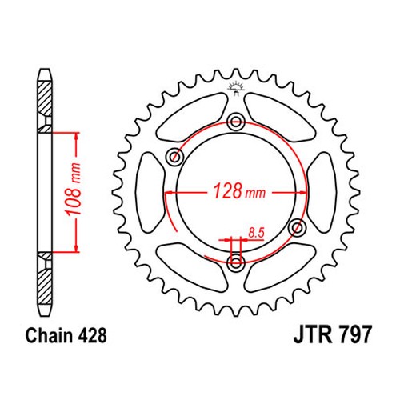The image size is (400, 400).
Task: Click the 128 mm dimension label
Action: [239, 191]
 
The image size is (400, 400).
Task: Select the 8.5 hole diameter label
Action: [256, 233]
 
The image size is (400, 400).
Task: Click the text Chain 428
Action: [66, 335]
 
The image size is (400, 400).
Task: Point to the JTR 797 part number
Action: [332, 334]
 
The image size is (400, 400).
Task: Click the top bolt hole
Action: [235, 122]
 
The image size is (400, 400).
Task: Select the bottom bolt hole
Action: [235, 262]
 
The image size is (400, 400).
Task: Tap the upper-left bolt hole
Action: [174, 157]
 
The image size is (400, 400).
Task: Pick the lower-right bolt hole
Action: [298, 227]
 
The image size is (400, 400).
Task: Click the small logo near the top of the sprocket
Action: [235, 89]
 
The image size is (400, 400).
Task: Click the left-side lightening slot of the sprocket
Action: [150, 192]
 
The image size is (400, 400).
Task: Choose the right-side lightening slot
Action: [322, 192]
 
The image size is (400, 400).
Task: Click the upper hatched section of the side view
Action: [44, 106]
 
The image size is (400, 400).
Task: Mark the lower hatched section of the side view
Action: [44, 278]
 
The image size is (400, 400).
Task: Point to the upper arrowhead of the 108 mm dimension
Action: [77, 137]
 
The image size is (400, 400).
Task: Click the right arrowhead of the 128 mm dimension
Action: [302, 192]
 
